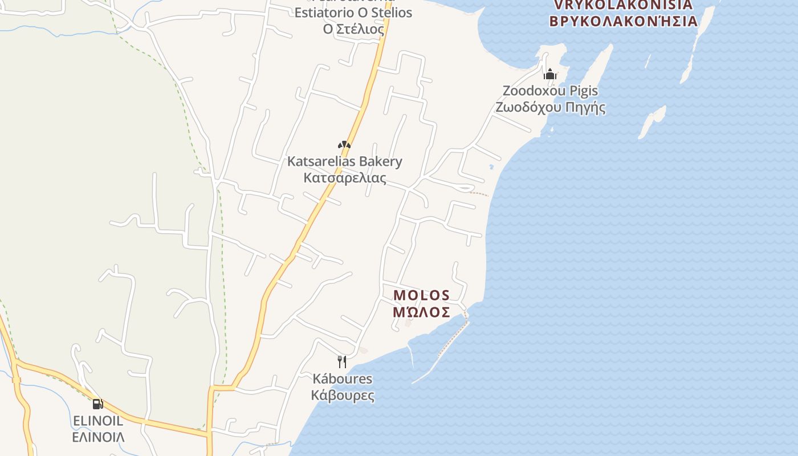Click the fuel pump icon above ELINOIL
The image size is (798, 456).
(x=98, y=404)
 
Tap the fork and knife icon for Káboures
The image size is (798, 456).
(x=342, y=361)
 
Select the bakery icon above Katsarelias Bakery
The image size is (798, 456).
(x=344, y=145)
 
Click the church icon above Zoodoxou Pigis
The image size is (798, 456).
(x=550, y=74)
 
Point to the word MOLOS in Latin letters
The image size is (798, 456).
(x=421, y=295)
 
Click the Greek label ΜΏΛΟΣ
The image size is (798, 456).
(x=421, y=312)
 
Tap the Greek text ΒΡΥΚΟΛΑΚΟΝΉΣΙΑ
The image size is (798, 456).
(x=623, y=22)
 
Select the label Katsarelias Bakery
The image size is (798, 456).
(x=344, y=161)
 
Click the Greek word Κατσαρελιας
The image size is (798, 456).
(x=344, y=178)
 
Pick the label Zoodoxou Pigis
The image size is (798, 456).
(x=550, y=91)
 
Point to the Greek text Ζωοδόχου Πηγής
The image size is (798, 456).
(x=550, y=107)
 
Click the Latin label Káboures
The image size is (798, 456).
(x=342, y=378)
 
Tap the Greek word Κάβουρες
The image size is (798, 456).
(x=342, y=395)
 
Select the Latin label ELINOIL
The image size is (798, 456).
(x=98, y=421)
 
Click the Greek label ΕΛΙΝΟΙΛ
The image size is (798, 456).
(x=98, y=437)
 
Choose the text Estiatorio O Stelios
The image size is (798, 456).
(x=353, y=13)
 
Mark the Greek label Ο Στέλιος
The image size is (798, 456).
(x=353, y=28)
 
